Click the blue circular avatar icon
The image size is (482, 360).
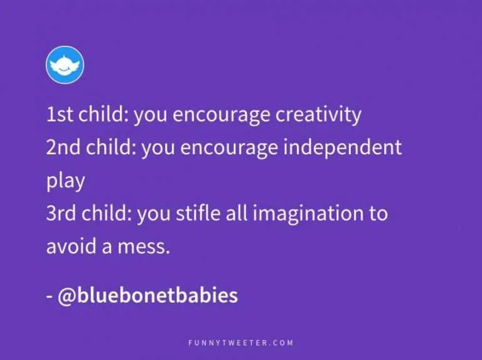[x=65, y=65]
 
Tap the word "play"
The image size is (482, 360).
[x=65, y=182]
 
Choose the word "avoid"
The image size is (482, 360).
[x=68, y=246]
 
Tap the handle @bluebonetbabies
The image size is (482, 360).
[x=148, y=295]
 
